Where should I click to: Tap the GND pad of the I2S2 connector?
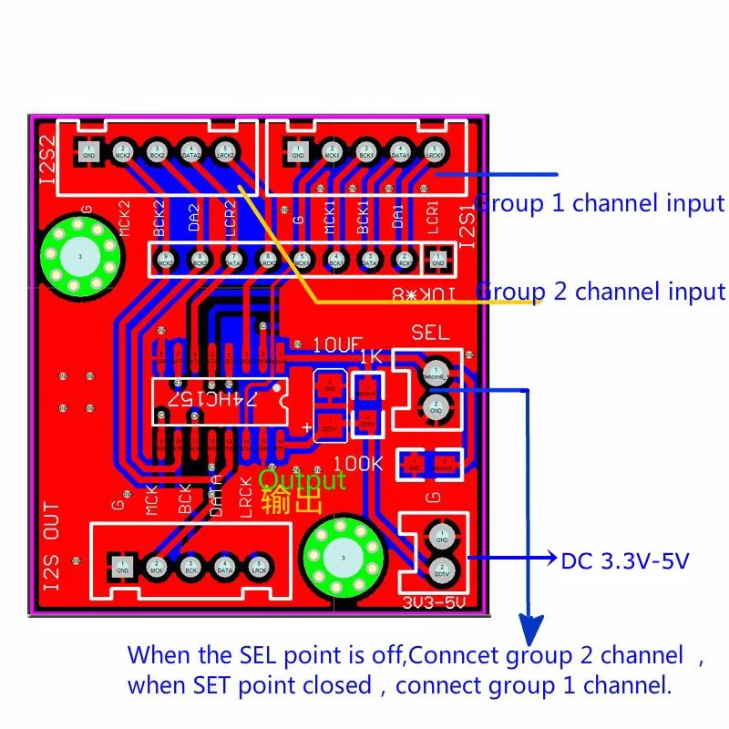88,151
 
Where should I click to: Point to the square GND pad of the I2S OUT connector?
123,566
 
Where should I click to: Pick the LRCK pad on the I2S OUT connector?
258,566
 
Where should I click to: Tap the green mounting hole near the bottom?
343,558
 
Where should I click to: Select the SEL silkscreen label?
430,332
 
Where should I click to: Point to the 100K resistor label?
359,463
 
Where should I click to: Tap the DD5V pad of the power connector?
440,570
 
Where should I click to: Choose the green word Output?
303,479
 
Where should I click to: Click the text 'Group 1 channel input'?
601,203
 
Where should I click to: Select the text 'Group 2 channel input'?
601,292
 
